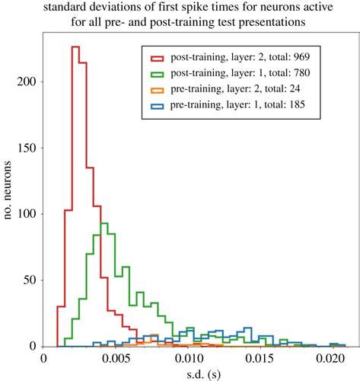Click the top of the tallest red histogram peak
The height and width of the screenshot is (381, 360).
(x=75, y=46)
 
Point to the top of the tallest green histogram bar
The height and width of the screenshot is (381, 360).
(x=104, y=223)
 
